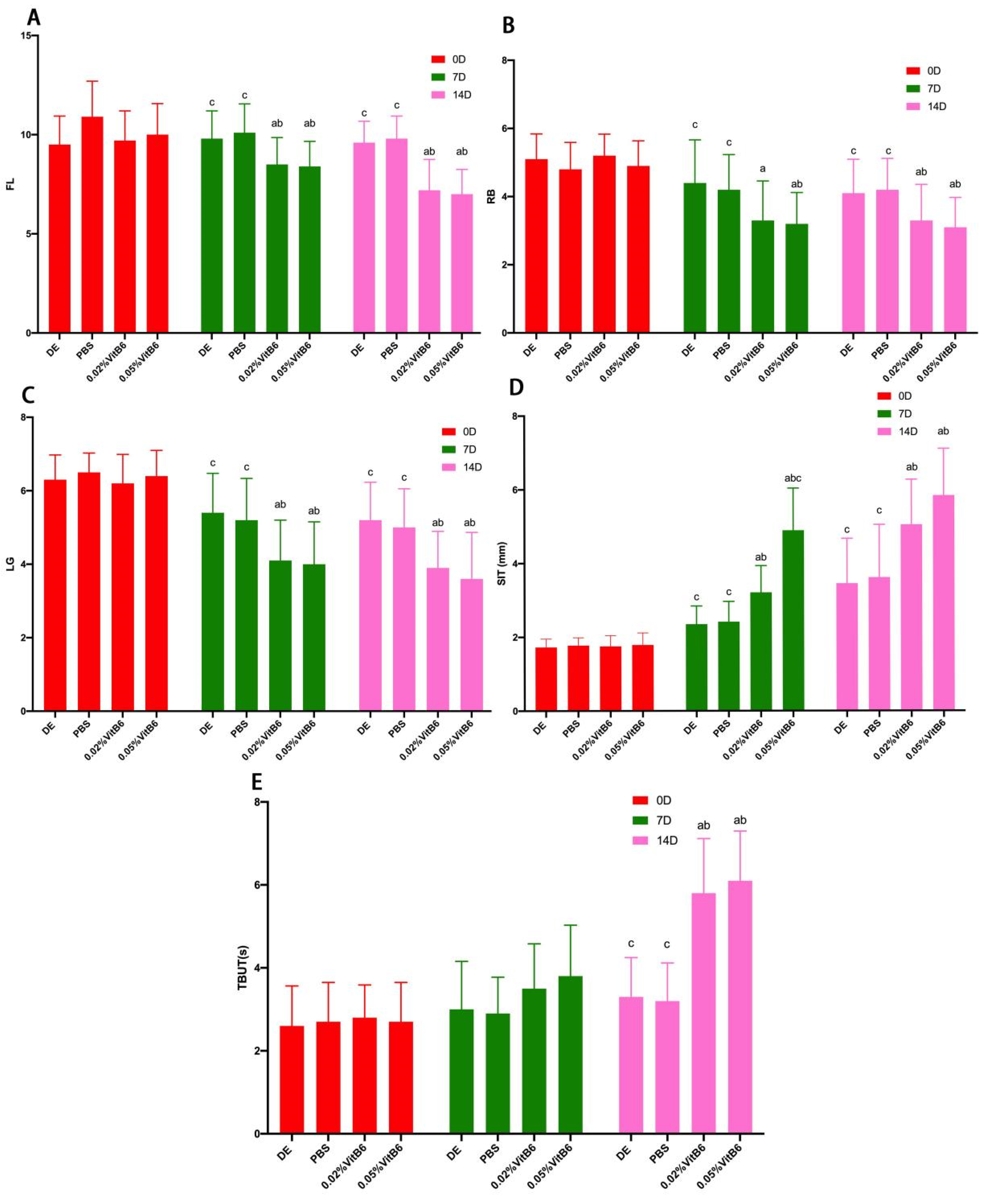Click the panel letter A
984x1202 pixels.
pos(34,18)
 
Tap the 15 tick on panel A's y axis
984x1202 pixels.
pos(26,36)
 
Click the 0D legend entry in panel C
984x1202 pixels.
pos(460,432)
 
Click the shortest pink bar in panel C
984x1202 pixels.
pos(471,644)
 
